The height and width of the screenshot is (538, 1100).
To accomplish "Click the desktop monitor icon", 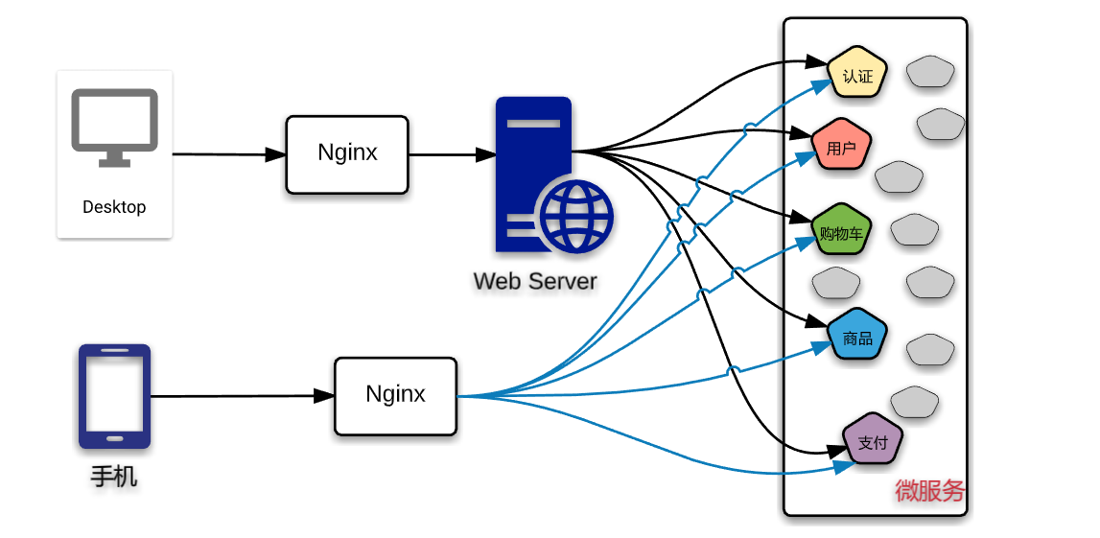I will (114, 127).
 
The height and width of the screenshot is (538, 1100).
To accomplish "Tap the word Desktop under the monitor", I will (114, 207).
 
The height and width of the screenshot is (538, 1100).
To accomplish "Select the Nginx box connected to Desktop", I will (347, 153).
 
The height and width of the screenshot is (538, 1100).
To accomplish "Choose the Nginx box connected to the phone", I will (395, 395).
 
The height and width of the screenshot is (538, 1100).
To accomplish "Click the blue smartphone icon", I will (114, 396).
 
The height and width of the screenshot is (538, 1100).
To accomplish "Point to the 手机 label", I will (114, 476).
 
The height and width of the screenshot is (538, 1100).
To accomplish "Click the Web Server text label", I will (535, 281).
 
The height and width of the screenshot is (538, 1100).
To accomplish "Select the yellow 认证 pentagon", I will (857, 74).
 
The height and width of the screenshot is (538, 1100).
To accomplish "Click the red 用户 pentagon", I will (841, 147).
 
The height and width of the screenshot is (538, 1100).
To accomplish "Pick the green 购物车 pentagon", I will (841, 231).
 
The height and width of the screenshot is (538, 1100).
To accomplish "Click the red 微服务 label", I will (929, 491).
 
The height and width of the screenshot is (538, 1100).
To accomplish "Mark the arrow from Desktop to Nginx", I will (230, 153).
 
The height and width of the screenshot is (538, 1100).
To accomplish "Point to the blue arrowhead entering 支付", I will (845, 467).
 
